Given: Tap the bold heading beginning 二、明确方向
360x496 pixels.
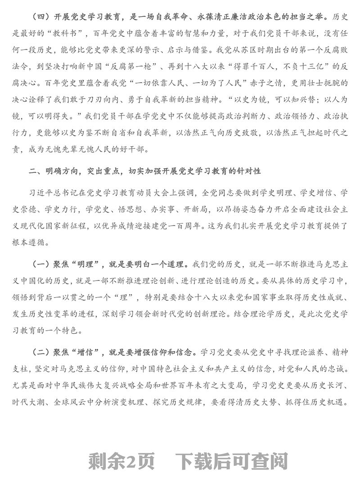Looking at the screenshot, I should click(144, 172).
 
